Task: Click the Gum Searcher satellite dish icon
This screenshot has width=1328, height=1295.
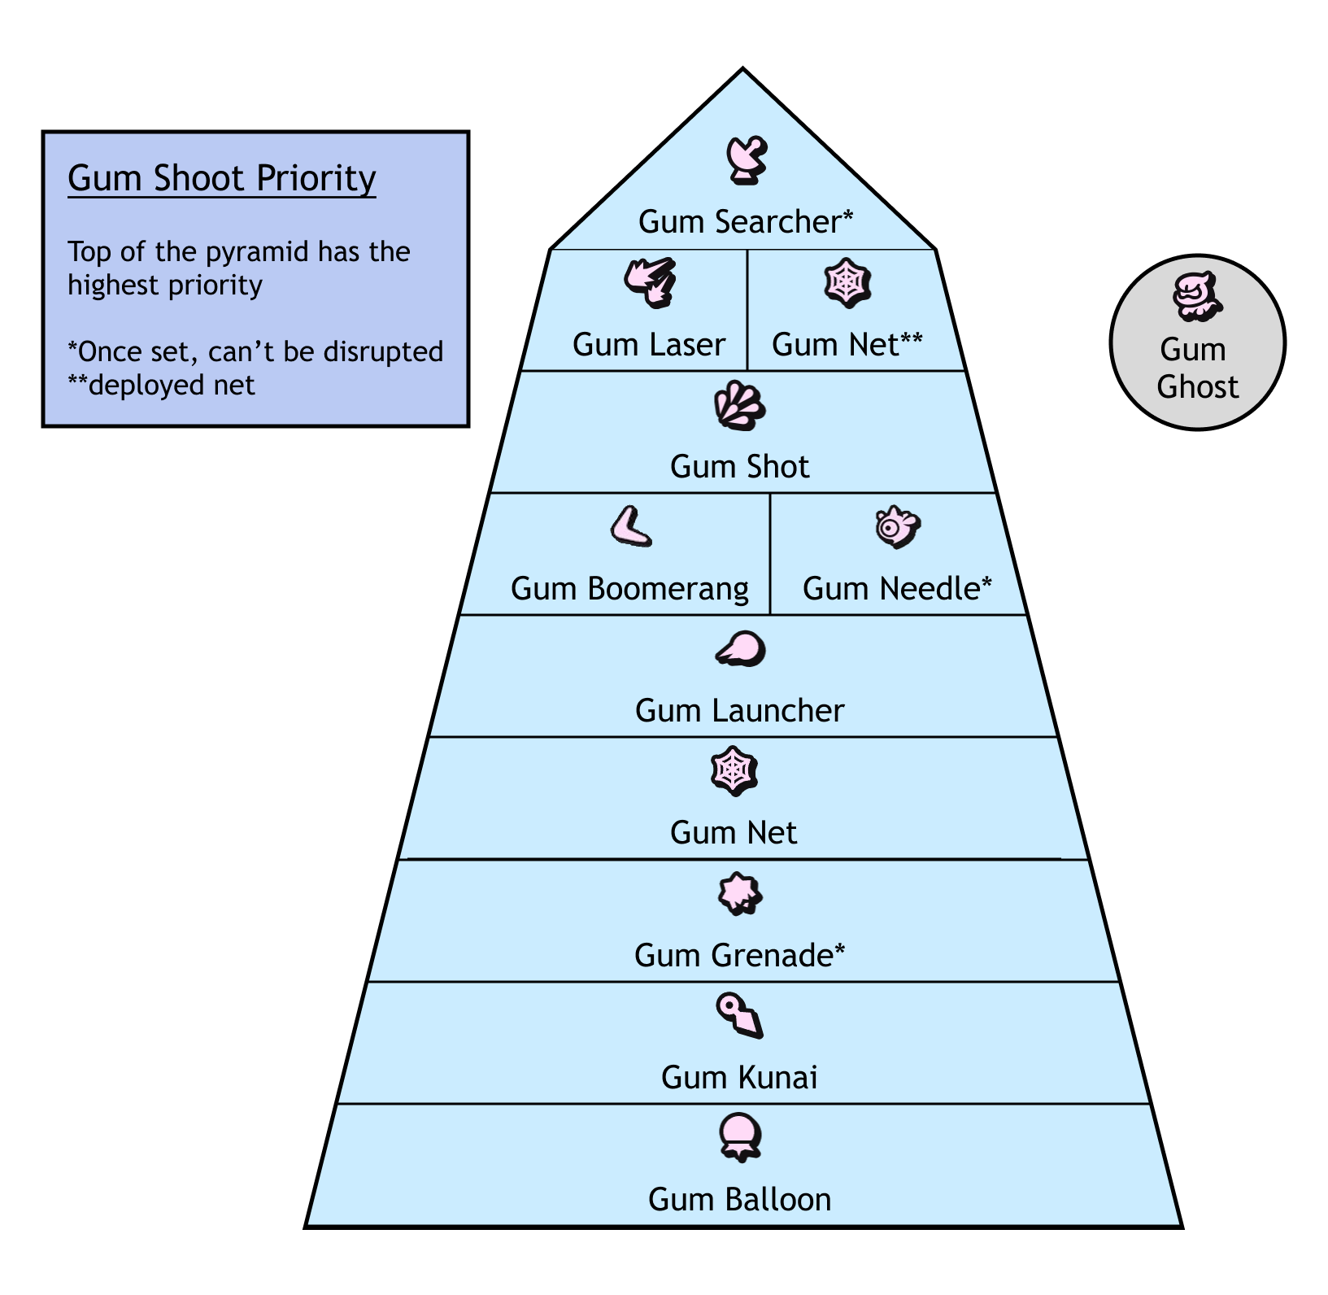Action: point(746,159)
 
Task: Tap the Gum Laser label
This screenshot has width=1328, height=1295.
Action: point(648,345)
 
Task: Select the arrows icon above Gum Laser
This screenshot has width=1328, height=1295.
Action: point(650,281)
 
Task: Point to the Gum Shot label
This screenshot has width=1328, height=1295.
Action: point(739,467)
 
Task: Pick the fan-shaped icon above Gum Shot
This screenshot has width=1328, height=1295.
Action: point(739,405)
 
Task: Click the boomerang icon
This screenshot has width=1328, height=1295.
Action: point(632,527)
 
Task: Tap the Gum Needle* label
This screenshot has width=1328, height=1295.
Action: point(897,589)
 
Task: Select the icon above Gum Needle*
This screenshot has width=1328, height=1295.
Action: point(897,526)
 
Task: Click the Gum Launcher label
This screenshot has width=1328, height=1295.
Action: point(739,711)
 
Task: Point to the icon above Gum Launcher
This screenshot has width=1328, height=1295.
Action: point(741,649)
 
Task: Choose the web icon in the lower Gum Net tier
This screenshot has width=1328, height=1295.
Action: point(734,770)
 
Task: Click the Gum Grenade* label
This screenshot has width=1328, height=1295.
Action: point(739,955)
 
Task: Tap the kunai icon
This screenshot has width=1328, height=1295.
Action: point(739,1015)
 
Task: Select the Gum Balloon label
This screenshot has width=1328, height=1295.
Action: point(739,1200)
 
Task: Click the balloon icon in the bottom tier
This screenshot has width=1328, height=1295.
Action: point(740,1136)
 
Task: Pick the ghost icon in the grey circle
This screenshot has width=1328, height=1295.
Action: point(1197,296)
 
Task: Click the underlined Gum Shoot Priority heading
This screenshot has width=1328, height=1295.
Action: point(221,178)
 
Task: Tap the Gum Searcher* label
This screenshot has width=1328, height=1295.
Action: point(746,222)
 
